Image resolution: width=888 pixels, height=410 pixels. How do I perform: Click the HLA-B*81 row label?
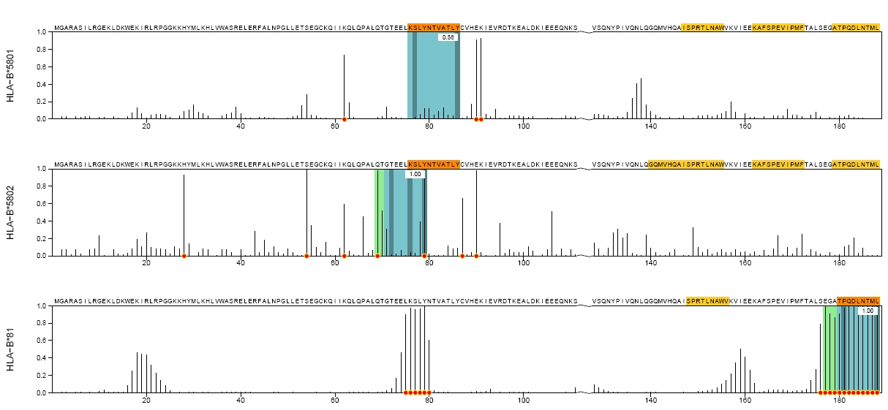click(x=11, y=350)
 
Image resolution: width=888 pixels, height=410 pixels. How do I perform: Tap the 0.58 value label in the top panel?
click(x=448, y=37)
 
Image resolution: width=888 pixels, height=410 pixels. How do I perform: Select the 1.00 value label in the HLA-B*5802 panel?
click(x=415, y=174)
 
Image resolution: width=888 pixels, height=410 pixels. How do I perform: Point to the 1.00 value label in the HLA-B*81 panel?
click(x=868, y=311)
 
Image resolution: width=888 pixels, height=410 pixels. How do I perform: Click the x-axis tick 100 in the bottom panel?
click(x=524, y=400)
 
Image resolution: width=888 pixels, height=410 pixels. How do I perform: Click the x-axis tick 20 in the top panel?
click(x=146, y=126)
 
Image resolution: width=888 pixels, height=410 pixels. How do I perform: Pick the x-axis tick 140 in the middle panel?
click(x=650, y=263)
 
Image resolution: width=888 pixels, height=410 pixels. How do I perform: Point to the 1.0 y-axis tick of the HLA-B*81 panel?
click(x=42, y=306)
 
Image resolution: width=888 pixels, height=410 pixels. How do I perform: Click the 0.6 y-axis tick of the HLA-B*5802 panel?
click(x=42, y=204)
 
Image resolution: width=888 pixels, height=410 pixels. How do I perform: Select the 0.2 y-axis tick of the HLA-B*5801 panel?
click(x=42, y=102)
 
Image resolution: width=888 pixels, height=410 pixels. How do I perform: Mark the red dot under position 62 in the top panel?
click(x=344, y=119)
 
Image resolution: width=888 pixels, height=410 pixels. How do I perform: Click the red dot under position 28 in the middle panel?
click(x=184, y=256)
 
